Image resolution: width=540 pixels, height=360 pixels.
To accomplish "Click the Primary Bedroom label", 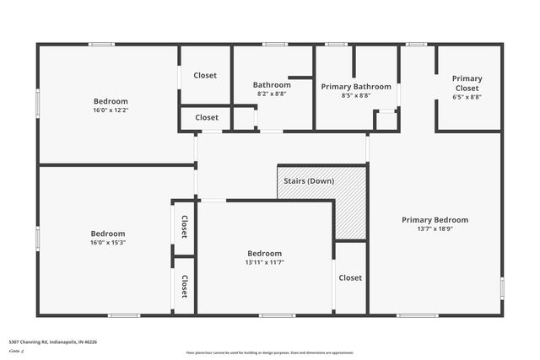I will pos(435,220).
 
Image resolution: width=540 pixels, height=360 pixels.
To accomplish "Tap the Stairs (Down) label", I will pos(309,181).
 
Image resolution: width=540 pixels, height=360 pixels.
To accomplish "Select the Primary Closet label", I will pos(467,83).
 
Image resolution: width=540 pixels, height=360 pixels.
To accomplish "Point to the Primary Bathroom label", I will pos(356,87).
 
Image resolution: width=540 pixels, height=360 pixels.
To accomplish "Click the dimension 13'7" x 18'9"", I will pos(435,229).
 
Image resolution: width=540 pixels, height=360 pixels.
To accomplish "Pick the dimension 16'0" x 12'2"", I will pos(111,110).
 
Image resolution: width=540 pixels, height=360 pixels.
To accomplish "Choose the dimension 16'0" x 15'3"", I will pos(108,243).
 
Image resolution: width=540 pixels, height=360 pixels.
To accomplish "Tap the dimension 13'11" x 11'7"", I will pos(264,262).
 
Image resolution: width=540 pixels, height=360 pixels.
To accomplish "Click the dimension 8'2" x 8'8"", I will pos(272,94).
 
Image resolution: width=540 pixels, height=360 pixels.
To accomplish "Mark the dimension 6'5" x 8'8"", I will pos(467,97).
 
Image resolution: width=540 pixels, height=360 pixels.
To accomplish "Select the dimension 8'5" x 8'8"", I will pos(356,96).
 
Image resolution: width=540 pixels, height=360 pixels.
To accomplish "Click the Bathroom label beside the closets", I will pos(272,85).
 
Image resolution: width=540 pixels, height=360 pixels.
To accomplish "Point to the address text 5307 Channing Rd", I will pos(53,342).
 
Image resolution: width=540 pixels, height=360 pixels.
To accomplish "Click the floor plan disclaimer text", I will pos(269,352).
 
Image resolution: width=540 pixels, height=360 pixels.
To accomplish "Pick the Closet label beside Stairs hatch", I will pos(350,278).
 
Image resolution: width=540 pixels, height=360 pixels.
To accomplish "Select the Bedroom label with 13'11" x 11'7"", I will pos(264,253).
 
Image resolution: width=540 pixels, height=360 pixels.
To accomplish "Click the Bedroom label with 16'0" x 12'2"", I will pos(111,101).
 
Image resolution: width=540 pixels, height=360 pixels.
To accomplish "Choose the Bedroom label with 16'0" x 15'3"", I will pos(108,234).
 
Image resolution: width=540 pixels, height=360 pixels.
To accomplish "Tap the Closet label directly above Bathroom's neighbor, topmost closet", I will pos(205,76).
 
